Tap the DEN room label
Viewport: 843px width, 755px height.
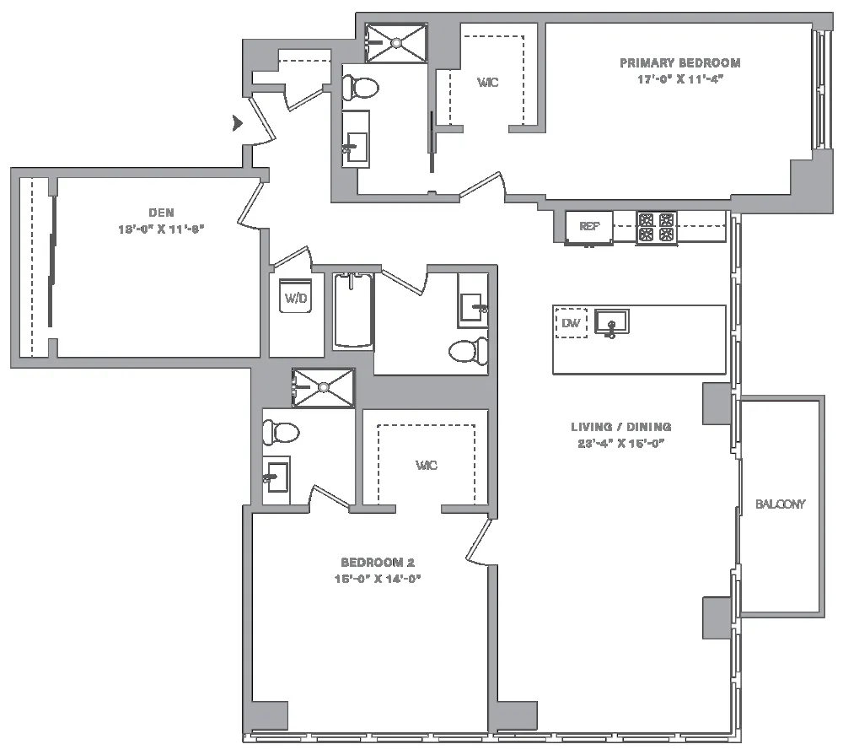(161, 213)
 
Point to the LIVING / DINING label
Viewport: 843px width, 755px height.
(620, 427)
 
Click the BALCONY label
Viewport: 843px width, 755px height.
(780, 504)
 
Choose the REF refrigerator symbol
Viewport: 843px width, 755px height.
(589, 227)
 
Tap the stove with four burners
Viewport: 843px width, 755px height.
(656, 227)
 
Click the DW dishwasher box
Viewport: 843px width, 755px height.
(572, 322)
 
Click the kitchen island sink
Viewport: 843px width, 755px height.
(611, 322)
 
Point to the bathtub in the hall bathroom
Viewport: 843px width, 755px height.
(352, 310)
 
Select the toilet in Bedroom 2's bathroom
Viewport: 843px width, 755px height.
(282, 433)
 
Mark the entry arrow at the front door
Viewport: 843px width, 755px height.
(237, 124)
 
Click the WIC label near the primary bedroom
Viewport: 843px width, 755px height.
(487, 83)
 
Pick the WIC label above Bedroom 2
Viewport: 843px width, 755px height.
(427, 466)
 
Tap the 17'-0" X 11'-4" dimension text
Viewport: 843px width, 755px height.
(681, 79)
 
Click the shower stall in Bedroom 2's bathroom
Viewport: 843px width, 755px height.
(323, 387)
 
